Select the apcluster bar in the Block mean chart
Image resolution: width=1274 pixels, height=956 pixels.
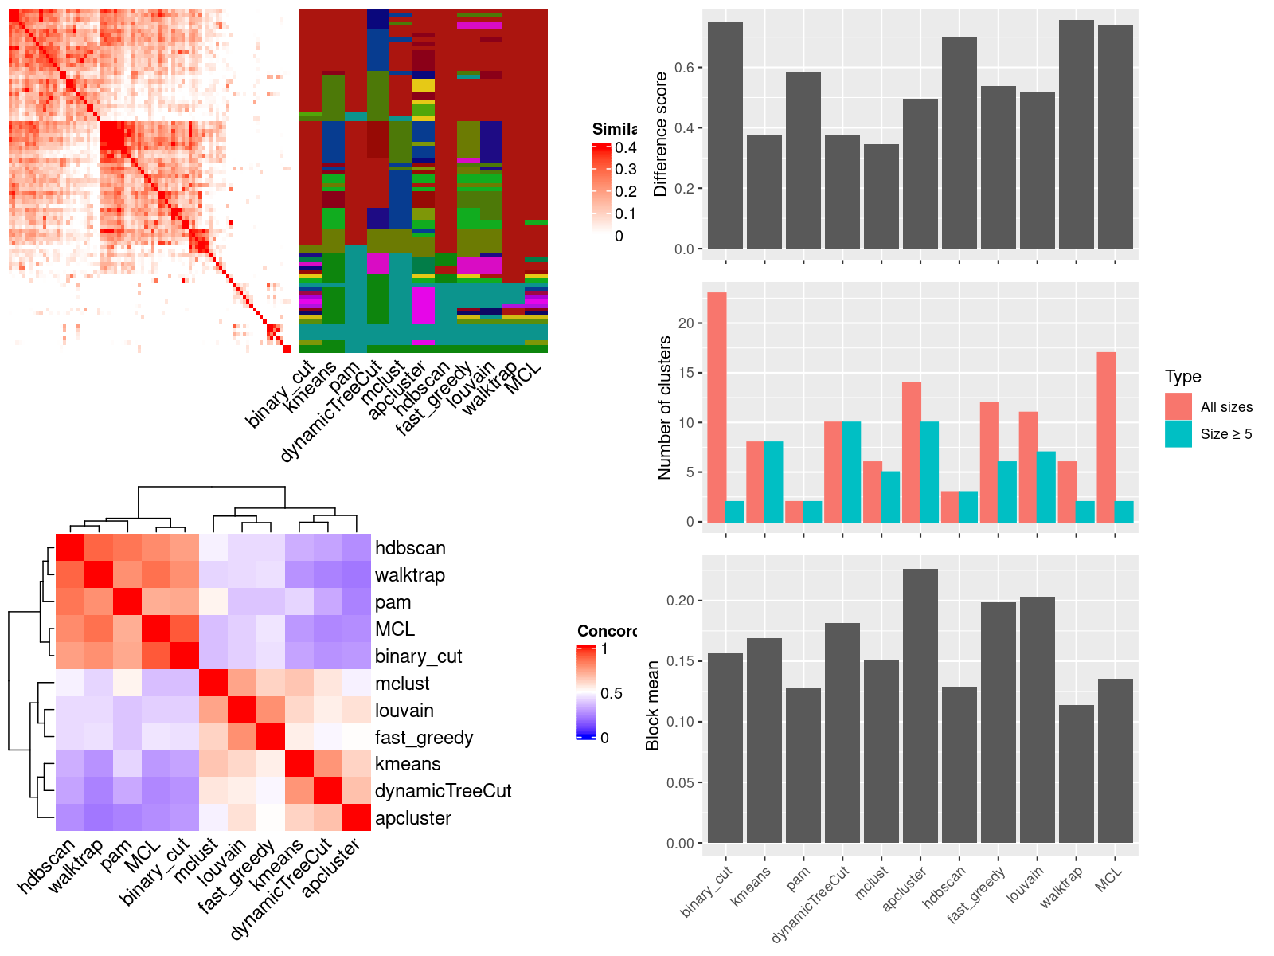[x=920, y=706]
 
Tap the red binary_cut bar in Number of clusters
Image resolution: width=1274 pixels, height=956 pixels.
[x=717, y=407]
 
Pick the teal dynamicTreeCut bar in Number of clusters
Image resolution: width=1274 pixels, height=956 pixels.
[x=851, y=472]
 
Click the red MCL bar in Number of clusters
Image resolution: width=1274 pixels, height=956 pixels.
[x=1106, y=437]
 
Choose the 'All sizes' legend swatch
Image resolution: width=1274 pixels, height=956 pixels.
[x=1178, y=406]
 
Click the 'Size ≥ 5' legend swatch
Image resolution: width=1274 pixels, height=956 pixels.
[x=1178, y=433]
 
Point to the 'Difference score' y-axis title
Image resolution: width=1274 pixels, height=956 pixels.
[x=660, y=134]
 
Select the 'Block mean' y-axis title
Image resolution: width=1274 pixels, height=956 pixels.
[x=653, y=706]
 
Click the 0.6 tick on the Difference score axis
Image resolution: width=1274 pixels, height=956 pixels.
[x=684, y=68]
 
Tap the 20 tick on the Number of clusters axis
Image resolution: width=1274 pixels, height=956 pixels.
[x=686, y=323]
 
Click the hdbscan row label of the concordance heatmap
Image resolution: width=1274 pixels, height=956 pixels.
[x=410, y=548]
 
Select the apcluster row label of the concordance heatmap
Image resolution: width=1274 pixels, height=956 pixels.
[x=412, y=818]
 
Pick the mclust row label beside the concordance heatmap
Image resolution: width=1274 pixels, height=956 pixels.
[x=402, y=684]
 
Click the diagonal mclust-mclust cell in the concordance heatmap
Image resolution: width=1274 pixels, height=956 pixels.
[x=213, y=684]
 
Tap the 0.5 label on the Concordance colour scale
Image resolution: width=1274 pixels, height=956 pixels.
[x=612, y=693]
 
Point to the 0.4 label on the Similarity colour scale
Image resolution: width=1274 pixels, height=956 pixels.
[x=626, y=147]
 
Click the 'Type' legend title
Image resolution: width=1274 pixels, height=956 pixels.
[x=1183, y=377]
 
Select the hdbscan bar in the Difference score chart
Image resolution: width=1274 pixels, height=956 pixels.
[x=959, y=143]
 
